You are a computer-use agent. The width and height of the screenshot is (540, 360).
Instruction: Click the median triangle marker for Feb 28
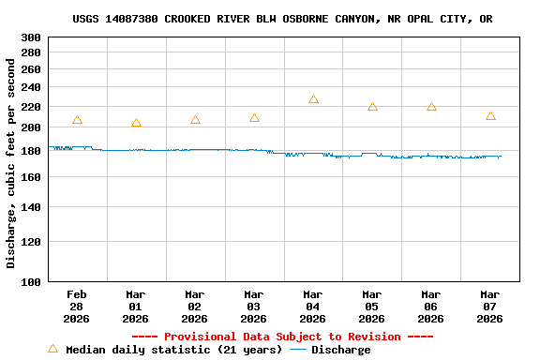coord(77,120)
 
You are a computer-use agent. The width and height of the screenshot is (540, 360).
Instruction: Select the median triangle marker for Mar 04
coord(313,99)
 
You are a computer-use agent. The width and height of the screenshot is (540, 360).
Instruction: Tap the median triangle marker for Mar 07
coord(490,116)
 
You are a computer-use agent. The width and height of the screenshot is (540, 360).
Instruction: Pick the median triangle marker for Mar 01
coord(136,123)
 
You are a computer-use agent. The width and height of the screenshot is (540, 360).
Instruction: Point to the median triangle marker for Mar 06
coord(431,107)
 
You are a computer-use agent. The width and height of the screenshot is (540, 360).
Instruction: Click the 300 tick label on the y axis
coord(31,37)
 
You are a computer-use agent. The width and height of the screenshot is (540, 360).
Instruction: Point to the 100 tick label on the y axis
coord(31,281)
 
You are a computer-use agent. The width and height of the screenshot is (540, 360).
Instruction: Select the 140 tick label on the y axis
coord(31,206)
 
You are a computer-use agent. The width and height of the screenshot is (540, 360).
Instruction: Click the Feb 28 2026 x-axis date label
coord(77,306)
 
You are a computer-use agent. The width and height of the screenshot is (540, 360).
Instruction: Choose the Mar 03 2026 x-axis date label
coord(254,306)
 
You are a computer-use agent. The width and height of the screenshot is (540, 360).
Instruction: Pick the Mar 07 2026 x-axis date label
coord(490,306)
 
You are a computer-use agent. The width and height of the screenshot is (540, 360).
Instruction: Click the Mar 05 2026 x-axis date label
coord(372,306)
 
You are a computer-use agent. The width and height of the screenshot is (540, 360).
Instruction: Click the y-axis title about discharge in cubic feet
coord(11,164)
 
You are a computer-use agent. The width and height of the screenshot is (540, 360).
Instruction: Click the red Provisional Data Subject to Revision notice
coord(282,337)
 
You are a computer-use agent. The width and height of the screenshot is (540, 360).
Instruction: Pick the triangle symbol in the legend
coord(52,349)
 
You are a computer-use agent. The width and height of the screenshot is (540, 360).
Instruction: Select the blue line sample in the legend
coord(298,350)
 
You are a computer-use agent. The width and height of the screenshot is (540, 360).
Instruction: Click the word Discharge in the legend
coord(340,350)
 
